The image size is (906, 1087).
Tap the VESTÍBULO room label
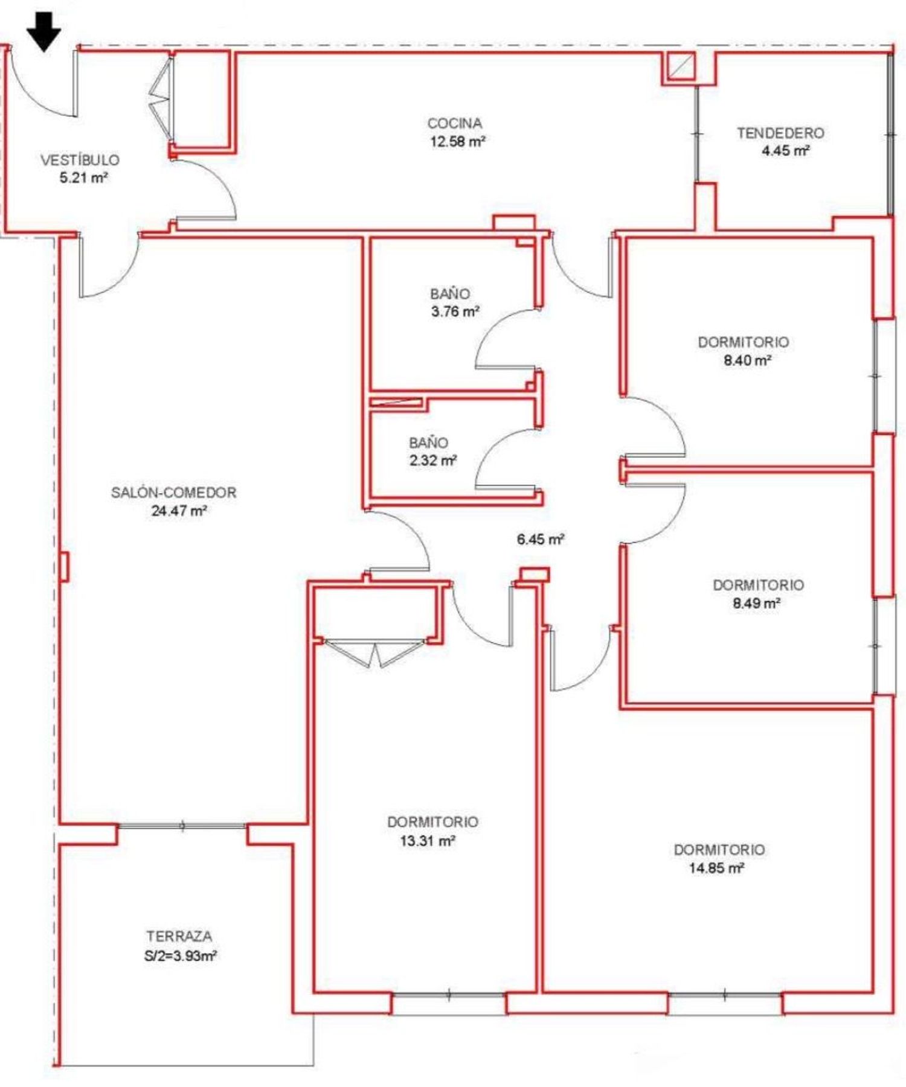[x=80, y=160]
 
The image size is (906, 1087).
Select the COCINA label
[x=455, y=123]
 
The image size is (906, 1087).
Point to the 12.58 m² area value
[x=458, y=142]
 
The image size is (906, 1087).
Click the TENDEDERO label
[x=780, y=133]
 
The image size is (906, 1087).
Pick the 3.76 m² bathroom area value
[x=455, y=312]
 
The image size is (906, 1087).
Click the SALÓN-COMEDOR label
[x=174, y=492]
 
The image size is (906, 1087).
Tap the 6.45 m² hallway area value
[x=541, y=539]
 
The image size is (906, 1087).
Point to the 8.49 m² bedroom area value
[x=757, y=603]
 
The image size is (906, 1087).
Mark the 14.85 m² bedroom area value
[x=716, y=869]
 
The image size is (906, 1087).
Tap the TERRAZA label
[x=179, y=937]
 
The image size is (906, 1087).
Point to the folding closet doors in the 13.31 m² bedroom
[x=375, y=653]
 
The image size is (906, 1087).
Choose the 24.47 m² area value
[x=179, y=511]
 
